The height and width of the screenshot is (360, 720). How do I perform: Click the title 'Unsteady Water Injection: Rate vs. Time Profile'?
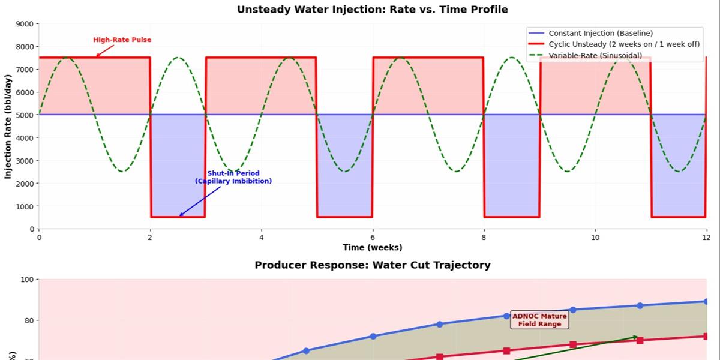pyautogui.click(x=372, y=10)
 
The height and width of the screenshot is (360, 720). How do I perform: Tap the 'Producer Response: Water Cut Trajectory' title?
pyautogui.click(x=373, y=265)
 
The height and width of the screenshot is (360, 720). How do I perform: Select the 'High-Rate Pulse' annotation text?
pyautogui.click(x=122, y=40)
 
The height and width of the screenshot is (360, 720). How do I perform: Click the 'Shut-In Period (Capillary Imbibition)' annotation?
pyautogui.click(x=233, y=177)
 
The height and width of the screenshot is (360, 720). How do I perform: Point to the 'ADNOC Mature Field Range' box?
pyautogui.click(x=539, y=320)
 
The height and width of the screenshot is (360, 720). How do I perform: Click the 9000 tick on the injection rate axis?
pyautogui.click(x=25, y=24)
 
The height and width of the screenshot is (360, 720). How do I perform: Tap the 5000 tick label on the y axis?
pyautogui.click(x=25, y=115)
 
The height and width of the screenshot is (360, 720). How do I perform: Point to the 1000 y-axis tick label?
pyautogui.click(x=25, y=206)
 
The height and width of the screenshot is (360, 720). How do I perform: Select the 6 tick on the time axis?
pyautogui.click(x=373, y=238)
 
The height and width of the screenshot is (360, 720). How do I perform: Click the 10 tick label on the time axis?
pyautogui.click(x=595, y=238)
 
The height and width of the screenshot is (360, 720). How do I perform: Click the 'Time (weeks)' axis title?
pyautogui.click(x=373, y=247)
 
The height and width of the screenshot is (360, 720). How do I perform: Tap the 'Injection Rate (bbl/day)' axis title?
pyautogui.click(x=8, y=127)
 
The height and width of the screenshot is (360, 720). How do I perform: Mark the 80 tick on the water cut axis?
pyautogui.click(x=28, y=320)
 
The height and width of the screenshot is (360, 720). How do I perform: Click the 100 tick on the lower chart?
pyautogui.click(x=28, y=280)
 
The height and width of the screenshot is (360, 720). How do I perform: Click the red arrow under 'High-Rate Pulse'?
pyautogui.click(x=105, y=51)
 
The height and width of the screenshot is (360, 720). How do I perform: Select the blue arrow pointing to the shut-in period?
pyautogui.click(x=200, y=201)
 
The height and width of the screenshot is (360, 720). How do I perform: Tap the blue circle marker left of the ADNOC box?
pyautogui.click(x=506, y=316)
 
